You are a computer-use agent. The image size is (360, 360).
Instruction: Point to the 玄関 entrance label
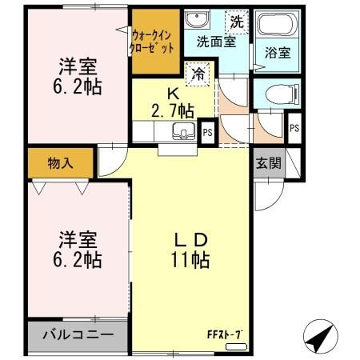[268, 163]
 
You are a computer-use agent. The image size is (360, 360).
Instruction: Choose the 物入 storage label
[61, 163]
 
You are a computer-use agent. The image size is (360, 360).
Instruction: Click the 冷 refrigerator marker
[196, 75]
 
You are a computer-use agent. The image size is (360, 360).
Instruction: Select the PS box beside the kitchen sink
[207, 132]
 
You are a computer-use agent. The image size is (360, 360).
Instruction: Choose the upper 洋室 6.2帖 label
[78, 77]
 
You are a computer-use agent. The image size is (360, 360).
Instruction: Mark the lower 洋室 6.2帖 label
[78, 249]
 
